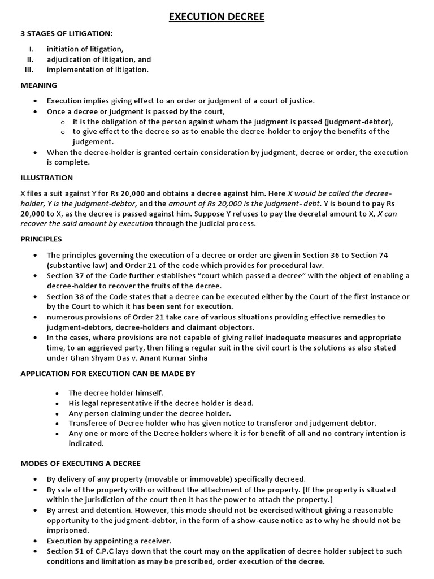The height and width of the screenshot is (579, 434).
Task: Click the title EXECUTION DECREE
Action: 217,17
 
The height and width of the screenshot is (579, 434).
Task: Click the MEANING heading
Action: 38,85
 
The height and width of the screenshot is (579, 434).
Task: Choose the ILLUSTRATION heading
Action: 47,177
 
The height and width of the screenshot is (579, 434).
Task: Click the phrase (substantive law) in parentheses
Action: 78,265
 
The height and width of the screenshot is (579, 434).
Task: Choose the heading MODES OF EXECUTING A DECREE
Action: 80,463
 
